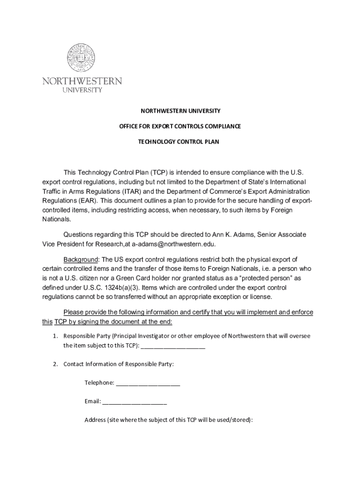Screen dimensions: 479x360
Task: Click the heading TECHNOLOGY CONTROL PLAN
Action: [180, 141]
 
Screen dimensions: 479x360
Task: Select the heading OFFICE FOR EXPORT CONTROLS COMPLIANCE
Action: [180, 126]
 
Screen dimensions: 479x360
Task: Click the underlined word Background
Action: [81, 260]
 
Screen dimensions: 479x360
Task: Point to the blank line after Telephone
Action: [148, 383]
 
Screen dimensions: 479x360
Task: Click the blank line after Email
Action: [135, 401]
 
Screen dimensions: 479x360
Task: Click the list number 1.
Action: [55, 336]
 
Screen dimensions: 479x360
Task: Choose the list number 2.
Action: [55, 364]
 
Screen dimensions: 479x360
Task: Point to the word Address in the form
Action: [95, 420]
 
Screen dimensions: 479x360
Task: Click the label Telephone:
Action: [99, 383]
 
